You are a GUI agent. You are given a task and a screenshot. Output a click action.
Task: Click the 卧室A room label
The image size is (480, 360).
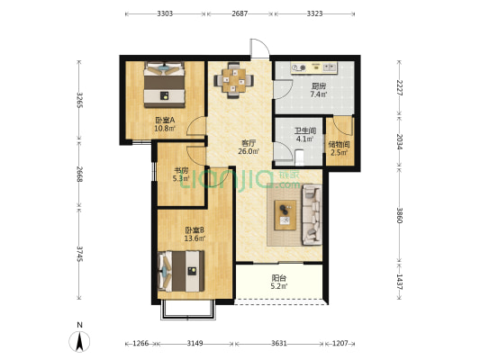[x=165, y=120]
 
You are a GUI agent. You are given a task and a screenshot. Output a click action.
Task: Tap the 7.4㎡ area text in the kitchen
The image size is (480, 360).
[x=319, y=94]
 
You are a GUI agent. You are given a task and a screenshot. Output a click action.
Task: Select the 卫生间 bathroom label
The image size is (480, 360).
[x=305, y=130]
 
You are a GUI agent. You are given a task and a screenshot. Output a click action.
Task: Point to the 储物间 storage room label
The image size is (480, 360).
[x=339, y=144]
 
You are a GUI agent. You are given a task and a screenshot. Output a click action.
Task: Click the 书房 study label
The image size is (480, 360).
[x=181, y=170]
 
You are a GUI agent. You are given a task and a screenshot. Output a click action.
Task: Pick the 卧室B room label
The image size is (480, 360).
[x=195, y=229]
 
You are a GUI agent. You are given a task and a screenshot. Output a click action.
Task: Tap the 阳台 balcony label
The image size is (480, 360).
[x=279, y=278]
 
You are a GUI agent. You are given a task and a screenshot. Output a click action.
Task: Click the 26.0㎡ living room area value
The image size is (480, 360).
[x=249, y=151]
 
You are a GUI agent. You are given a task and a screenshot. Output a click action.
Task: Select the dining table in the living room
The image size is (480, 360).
[x=234, y=80]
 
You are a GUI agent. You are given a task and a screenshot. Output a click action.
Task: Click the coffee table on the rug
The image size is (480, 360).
[x=285, y=215]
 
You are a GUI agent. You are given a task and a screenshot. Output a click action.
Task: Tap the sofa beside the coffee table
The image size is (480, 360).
[x=312, y=214]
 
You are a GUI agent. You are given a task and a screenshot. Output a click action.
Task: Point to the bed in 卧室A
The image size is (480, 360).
[x=165, y=85]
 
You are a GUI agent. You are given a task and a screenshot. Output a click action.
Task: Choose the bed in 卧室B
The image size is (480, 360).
[x=181, y=271]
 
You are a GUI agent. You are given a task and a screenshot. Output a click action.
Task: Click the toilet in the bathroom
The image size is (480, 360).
[x=299, y=157]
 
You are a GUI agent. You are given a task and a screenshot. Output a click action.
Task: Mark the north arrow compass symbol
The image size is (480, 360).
[x=79, y=341]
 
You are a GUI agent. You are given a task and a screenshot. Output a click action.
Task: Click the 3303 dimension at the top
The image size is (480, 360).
[x=165, y=13]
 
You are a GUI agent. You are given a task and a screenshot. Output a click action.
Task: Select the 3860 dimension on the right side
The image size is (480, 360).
[x=399, y=215]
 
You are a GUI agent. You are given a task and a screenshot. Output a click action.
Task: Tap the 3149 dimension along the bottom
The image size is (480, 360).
[x=195, y=343]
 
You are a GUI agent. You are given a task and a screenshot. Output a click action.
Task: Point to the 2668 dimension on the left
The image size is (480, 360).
[x=79, y=174]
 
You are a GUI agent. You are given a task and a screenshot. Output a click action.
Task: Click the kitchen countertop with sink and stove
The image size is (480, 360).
[x=314, y=67]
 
